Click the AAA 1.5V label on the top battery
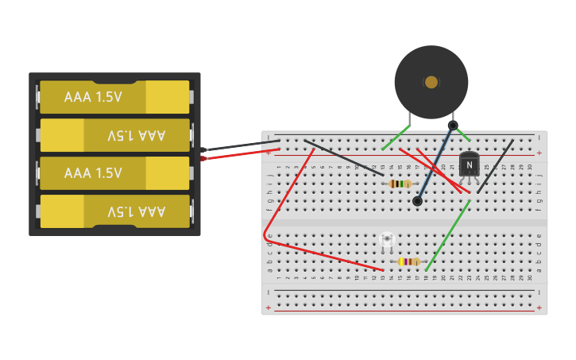(x=93, y=97)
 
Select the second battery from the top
(x=115, y=135)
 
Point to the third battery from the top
(x=115, y=173)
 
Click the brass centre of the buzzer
(x=431, y=82)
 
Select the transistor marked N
(x=469, y=165)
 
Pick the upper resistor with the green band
(x=400, y=184)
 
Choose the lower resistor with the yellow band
(x=409, y=261)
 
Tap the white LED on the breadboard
(x=387, y=239)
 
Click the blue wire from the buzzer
(x=435, y=164)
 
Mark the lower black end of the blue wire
(x=417, y=201)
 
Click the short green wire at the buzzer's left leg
(x=395, y=137)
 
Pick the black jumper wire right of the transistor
(x=494, y=167)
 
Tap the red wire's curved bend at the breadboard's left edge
(x=265, y=235)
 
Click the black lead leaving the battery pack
(x=238, y=146)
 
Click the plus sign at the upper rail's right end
(x=539, y=153)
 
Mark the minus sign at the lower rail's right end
(x=539, y=292)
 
